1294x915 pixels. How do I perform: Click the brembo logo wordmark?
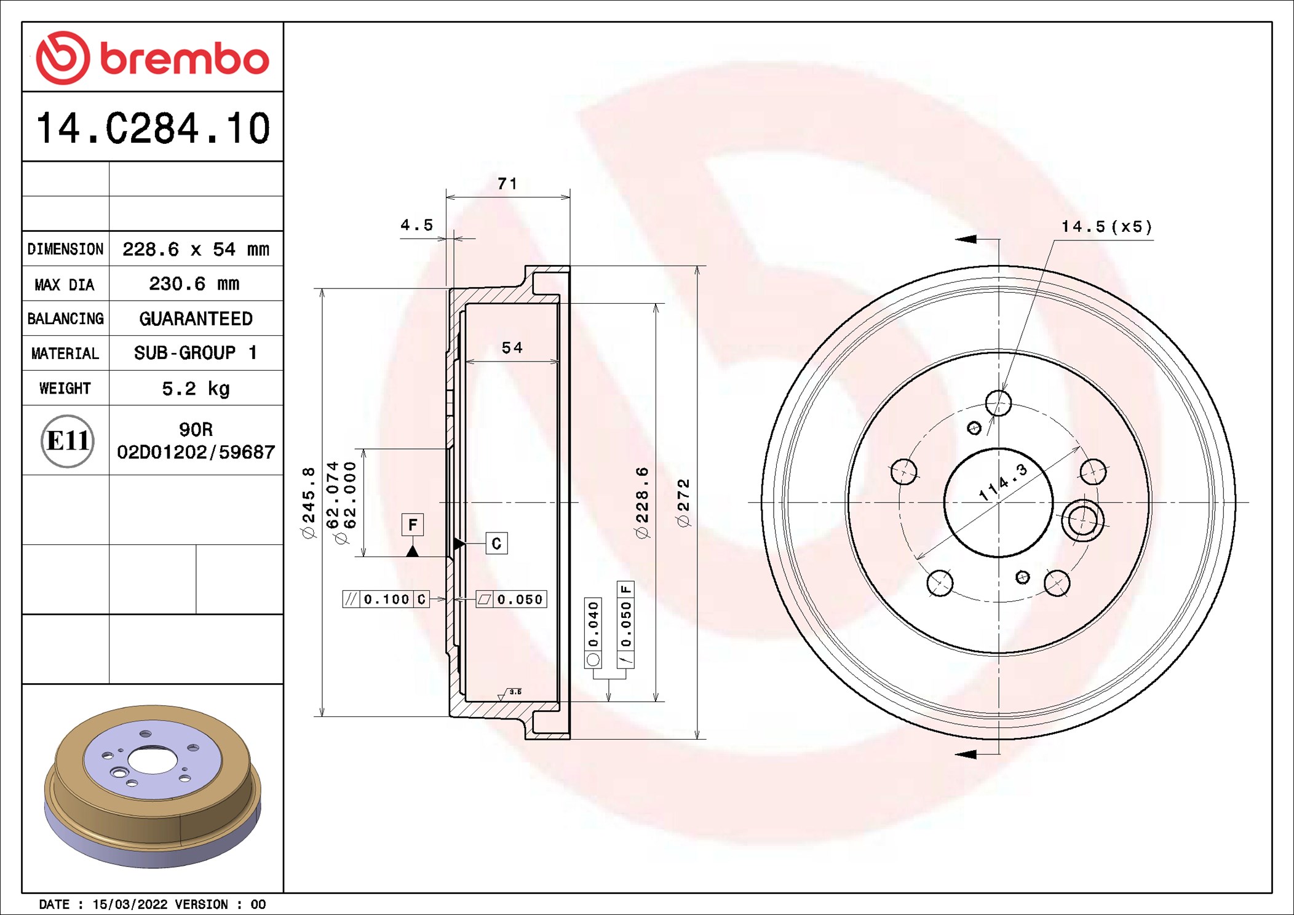tap(185, 59)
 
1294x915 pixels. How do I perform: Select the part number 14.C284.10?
tap(153, 129)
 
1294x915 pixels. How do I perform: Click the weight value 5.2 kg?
tap(196, 389)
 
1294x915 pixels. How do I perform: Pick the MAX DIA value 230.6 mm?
tap(194, 283)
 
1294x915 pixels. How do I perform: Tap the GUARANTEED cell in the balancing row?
tap(196, 319)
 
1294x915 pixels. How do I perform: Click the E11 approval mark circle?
tap(68, 441)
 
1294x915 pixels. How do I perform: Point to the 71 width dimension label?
tap(507, 183)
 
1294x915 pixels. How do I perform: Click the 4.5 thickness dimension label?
tap(417, 225)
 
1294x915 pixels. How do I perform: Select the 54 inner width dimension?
tap(512, 348)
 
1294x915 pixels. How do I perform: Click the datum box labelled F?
tap(413, 525)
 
